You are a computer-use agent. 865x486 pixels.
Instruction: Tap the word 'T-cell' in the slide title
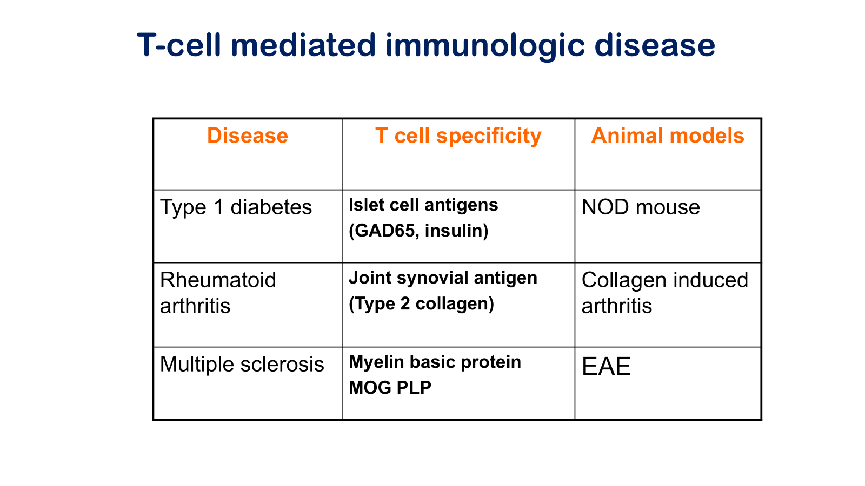click(179, 45)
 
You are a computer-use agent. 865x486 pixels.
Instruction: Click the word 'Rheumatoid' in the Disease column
click(218, 280)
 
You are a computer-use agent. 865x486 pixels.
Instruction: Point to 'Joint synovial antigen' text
click(443, 278)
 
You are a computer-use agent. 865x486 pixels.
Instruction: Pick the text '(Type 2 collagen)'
click(421, 304)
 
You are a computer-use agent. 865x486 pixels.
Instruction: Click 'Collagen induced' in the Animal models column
click(665, 280)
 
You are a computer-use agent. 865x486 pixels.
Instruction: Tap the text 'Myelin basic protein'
click(435, 362)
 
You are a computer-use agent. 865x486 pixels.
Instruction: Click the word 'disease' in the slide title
click(655, 45)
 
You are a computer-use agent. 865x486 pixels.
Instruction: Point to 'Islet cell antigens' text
click(423, 205)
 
